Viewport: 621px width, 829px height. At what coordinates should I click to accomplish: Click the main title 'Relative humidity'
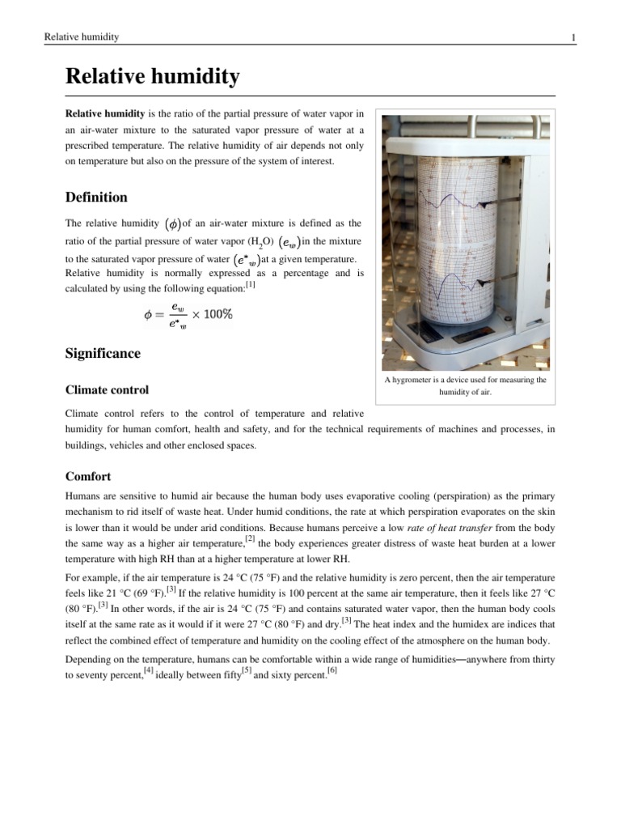(x=152, y=77)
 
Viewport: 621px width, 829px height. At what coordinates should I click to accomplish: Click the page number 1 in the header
(x=572, y=37)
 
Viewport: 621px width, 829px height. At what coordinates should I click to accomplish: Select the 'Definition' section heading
(x=96, y=197)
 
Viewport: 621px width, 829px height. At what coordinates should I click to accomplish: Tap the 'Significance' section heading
(x=103, y=354)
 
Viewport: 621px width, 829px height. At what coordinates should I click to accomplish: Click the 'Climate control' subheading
(x=107, y=389)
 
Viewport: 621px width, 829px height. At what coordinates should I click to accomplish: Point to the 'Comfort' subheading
(x=88, y=476)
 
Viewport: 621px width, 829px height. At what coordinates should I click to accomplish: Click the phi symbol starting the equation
(x=149, y=315)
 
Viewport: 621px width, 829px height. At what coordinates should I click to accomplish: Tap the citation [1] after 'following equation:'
(x=251, y=285)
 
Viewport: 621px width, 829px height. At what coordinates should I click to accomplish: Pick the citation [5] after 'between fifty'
(x=247, y=671)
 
